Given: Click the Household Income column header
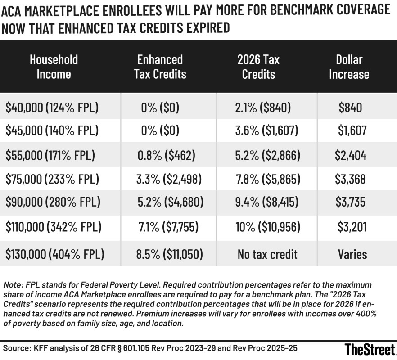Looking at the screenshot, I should (54, 66).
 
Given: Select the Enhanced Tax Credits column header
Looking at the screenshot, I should (160, 66).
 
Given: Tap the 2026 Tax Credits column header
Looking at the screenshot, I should (258, 66).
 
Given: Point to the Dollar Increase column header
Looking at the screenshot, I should (349, 66).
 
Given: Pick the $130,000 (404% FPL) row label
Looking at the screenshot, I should (55, 254).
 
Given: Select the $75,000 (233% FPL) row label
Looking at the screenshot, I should (52, 180).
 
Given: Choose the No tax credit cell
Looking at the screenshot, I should (268, 254).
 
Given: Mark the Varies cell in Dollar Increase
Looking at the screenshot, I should (352, 254).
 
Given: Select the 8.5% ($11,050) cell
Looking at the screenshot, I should (169, 254).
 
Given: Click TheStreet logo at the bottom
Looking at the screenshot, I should (369, 349).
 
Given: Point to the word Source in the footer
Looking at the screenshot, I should (15, 348).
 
